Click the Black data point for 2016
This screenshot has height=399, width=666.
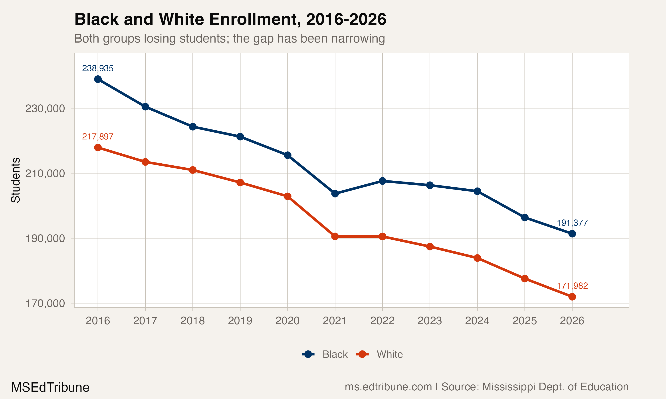point(98,79)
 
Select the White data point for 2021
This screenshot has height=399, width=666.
point(335,237)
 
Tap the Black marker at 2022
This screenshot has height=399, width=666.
point(382,181)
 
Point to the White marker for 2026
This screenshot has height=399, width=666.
point(572,297)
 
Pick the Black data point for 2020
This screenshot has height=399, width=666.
point(287,155)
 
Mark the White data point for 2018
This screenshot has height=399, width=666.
point(192,170)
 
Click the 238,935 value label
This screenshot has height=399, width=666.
point(98,68)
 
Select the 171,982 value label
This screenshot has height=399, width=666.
point(572,286)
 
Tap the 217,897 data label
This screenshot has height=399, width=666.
point(98,137)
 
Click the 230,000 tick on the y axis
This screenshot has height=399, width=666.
point(45,109)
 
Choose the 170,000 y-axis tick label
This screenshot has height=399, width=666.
point(45,303)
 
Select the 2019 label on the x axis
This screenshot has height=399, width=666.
point(240,321)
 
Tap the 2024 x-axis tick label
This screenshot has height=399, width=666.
point(477,321)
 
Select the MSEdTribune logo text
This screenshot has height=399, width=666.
point(50,387)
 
